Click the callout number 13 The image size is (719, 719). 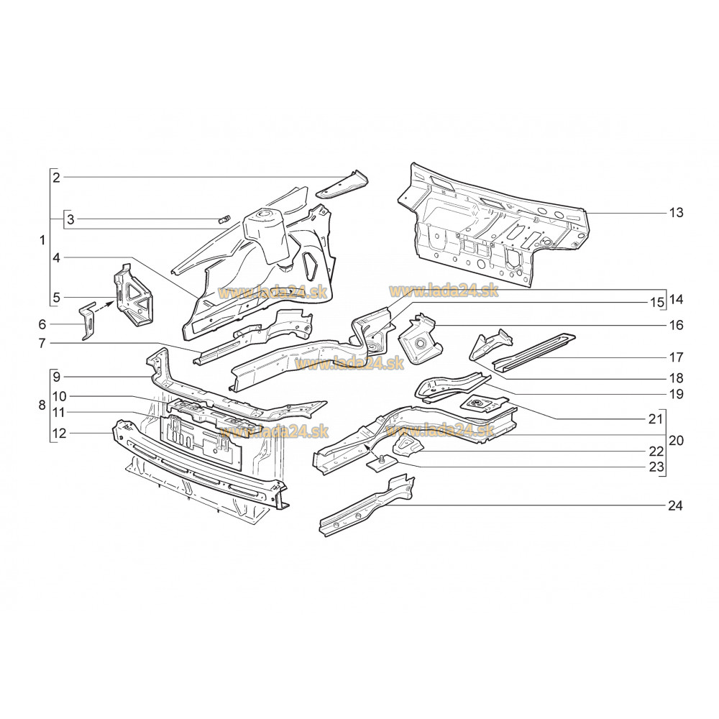tap(676, 213)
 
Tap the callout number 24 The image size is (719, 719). tap(675, 505)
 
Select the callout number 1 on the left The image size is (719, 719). tap(42, 240)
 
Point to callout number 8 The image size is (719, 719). tap(42, 406)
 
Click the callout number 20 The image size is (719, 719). tap(676, 441)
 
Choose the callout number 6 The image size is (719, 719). tap(42, 325)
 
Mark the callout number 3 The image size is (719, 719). tap(70, 219)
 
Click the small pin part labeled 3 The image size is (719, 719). tap(225, 219)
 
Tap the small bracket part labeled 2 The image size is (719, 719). tap(342, 185)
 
